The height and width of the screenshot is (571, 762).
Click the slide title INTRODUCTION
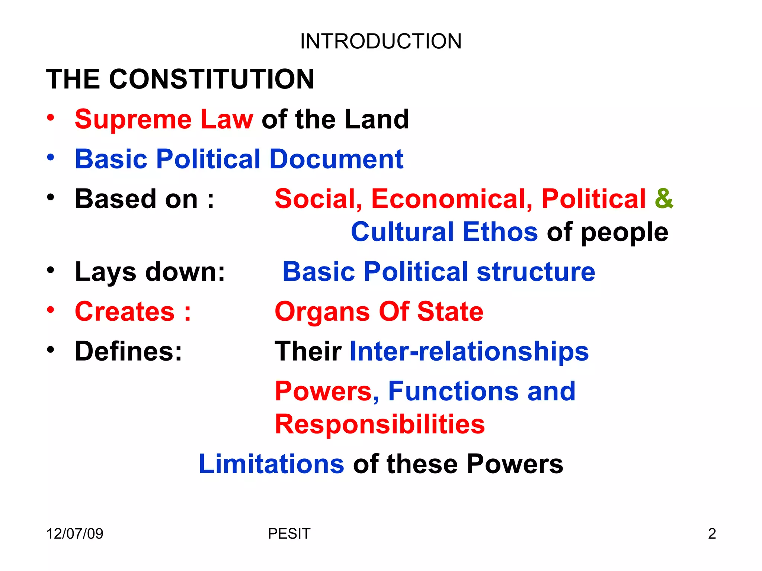point(381,41)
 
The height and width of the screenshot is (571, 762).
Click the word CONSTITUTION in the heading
point(212,79)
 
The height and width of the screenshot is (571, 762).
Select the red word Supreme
point(133,120)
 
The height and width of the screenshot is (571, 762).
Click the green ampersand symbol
point(664,199)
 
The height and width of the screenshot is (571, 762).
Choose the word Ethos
point(500,232)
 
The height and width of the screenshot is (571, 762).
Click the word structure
point(536,272)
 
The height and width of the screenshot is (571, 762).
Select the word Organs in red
point(322,312)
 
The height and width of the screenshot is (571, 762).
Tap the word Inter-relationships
point(469,352)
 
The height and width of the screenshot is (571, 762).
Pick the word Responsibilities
point(380,425)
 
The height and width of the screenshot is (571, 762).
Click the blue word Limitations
point(272,464)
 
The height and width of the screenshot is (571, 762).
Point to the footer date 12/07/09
point(75,534)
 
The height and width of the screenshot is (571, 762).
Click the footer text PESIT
point(289,534)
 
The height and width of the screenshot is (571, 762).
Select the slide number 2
point(712,534)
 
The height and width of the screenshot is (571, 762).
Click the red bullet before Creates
point(51,309)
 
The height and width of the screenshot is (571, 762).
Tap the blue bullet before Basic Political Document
point(51,157)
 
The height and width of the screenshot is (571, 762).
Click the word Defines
point(128,352)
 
